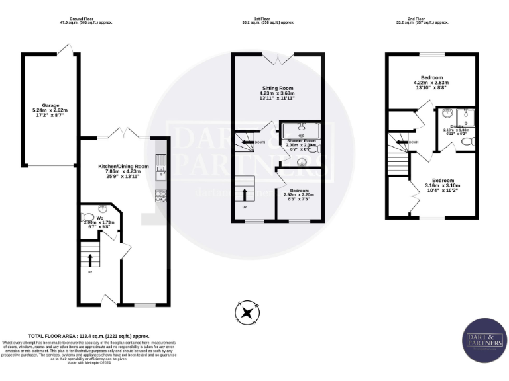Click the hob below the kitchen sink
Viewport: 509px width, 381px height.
tap(160, 196)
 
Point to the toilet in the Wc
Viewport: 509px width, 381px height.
tap(88, 216)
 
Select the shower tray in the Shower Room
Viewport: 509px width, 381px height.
tap(300, 129)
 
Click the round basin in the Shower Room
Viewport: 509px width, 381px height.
tap(302, 161)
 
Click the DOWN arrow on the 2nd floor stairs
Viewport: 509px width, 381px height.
tap(399, 140)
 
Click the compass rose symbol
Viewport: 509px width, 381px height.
tap(248, 312)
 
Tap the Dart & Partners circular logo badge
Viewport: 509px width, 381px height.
tap(484, 340)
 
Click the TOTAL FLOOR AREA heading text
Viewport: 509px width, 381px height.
tap(89, 335)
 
